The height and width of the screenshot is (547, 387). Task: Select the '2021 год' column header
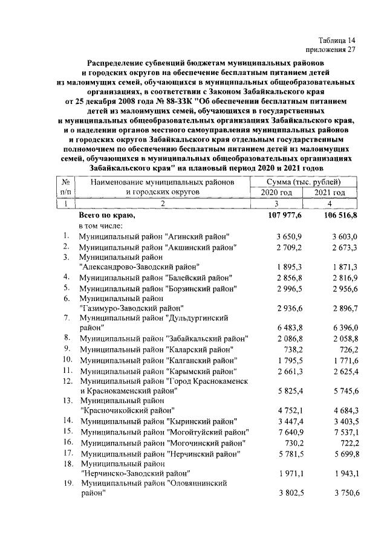tap(330, 192)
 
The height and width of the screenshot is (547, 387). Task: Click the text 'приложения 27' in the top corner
tap(330, 50)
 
